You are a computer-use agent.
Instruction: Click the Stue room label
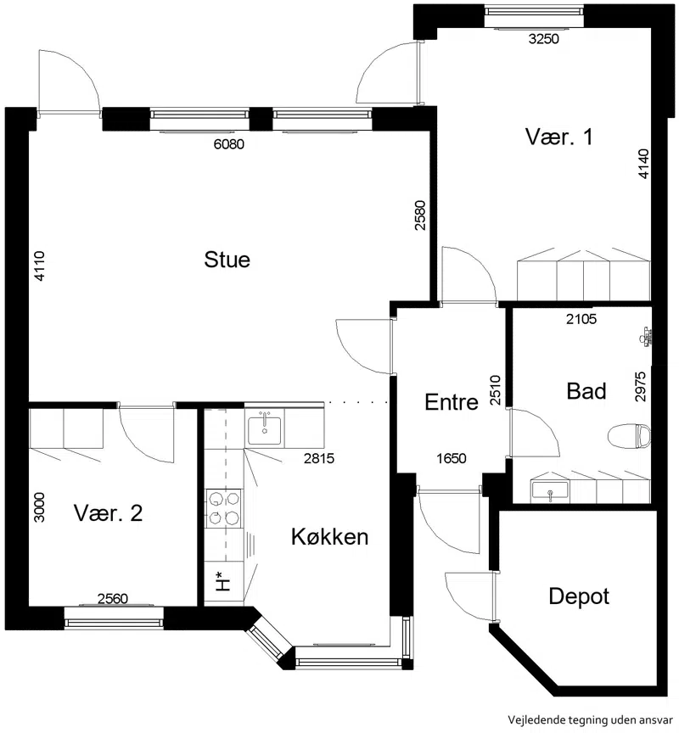point(227,260)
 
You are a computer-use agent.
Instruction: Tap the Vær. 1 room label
point(558,137)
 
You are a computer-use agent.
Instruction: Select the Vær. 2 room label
point(108,513)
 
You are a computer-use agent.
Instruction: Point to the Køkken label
point(329,536)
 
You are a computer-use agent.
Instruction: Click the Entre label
point(452,402)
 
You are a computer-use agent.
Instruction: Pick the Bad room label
point(586,391)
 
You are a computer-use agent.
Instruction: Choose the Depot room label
point(579,597)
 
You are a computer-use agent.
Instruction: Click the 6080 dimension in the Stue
point(228,144)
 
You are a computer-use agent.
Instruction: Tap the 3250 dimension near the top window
point(544,39)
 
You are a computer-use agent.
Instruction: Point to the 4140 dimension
point(644,164)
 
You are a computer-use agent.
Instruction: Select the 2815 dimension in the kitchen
point(319,458)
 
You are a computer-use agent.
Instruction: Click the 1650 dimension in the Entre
point(452,458)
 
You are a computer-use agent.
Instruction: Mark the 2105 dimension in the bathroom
point(581,319)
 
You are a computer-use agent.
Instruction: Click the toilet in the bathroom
point(629,436)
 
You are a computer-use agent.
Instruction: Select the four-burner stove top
point(223,509)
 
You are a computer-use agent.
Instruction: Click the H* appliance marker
point(223,581)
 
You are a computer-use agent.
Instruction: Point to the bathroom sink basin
point(550,490)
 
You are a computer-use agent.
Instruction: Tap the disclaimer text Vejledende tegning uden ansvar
point(591,720)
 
